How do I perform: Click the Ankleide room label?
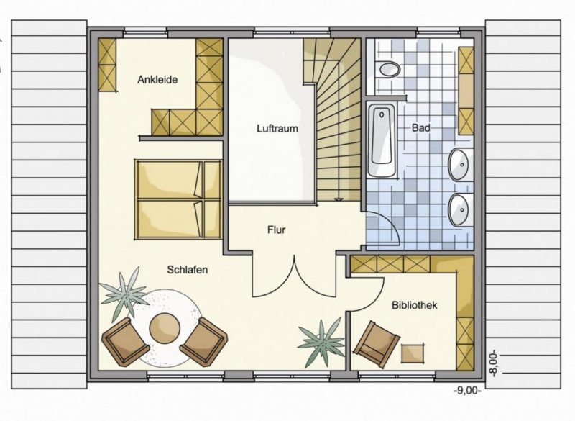(157, 80)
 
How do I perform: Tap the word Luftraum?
(277, 129)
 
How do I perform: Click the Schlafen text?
(188, 269)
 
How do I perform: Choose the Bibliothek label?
(415, 305)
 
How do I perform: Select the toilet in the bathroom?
(389, 71)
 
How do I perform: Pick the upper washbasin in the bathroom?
(460, 166)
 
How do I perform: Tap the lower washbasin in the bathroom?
(460, 211)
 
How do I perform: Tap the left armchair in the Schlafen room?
(122, 339)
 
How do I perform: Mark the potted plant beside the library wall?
(321, 340)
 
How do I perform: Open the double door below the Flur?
(293, 277)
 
